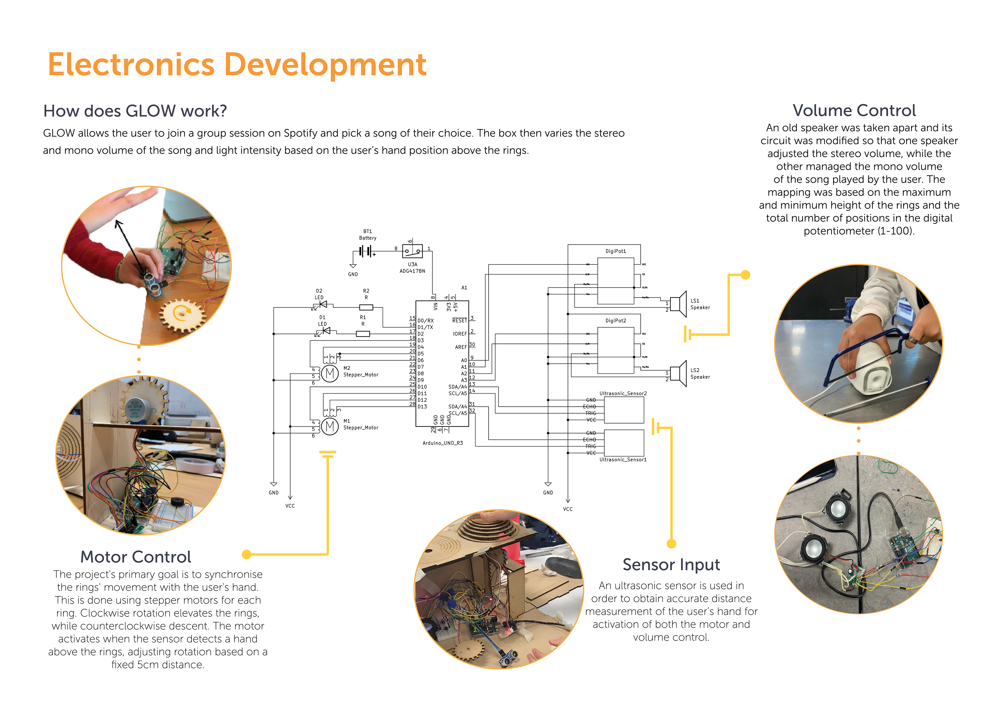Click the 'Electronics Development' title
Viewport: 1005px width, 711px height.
point(237,65)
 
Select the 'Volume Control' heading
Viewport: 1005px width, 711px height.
point(854,111)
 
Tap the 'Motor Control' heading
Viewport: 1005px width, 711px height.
point(136,557)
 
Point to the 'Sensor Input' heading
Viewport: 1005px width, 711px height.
point(671,565)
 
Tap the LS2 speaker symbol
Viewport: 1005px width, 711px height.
point(678,373)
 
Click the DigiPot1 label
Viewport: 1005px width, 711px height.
point(615,251)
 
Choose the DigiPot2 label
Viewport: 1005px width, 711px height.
point(615,321)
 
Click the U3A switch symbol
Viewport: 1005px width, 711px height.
point(412,251)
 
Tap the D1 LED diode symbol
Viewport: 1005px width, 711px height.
point(325,331)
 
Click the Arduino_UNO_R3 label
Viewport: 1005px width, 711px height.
point(443,443)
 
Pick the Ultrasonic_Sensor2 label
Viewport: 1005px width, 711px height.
point(623,393)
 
